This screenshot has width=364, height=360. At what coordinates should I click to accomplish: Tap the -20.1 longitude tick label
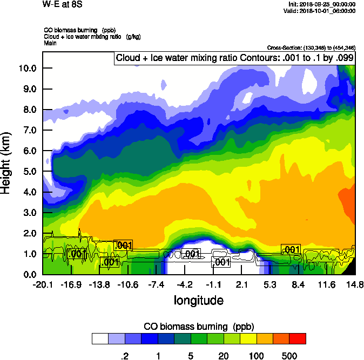tap(42, 284)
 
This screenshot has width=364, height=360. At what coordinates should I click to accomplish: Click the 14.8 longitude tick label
tap(355, 284)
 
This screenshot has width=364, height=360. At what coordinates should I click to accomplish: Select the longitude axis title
tap(198, 300)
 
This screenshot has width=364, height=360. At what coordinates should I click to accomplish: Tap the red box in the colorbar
tap(298, 339)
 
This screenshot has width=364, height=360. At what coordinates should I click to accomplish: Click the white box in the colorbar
tap(100, 339)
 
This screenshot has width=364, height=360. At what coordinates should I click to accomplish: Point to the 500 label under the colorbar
tap(289, 356)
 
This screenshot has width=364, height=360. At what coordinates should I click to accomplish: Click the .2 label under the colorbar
tap(124, 356)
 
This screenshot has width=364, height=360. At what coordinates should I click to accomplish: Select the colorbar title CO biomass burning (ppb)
tap(199, 327)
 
